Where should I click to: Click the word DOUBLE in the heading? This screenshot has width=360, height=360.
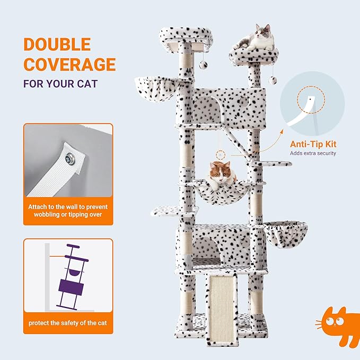pos(57,45)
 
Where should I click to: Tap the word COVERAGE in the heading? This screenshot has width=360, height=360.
pos(69,65)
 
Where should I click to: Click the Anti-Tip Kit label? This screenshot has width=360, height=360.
pos(313,144)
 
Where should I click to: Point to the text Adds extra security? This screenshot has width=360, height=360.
pos(313,154)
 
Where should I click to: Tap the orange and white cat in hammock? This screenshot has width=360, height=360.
pos(221,174)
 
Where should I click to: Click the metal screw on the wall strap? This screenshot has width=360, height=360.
pos(70,157)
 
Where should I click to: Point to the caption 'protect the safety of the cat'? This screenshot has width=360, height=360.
pos(68,323)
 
